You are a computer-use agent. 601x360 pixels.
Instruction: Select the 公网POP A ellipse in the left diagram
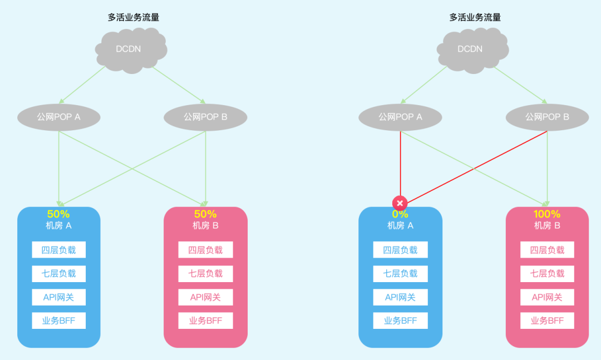(59, 117)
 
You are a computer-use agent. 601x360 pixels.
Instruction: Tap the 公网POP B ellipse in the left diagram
(206, 117)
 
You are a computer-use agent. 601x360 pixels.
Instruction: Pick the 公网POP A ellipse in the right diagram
(401, 117)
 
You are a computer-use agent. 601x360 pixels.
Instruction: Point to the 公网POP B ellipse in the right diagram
(547, 117)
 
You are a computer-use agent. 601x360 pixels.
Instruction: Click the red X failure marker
(400, 203)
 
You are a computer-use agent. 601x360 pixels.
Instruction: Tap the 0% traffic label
(400, 214)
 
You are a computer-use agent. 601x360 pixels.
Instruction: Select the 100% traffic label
(547, 214)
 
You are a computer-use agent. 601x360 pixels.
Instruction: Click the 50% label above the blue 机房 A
(58, 214)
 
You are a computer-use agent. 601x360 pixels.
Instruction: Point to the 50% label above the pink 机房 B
(205, 214)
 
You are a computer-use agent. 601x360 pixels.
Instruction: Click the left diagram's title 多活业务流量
(134, 17)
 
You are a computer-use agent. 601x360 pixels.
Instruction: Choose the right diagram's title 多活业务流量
(475, 17)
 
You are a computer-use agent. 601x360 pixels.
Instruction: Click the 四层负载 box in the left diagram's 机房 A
(59, 250)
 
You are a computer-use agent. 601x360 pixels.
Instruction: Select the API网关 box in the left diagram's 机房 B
(205, 297)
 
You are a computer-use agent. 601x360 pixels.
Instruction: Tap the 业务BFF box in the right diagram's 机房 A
(400, 320)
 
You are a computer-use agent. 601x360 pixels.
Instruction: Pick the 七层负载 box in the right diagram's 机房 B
(547, 273)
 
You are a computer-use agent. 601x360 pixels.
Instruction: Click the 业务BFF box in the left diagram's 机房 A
(59, 320)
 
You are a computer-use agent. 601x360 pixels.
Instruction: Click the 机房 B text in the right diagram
(547, 225)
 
